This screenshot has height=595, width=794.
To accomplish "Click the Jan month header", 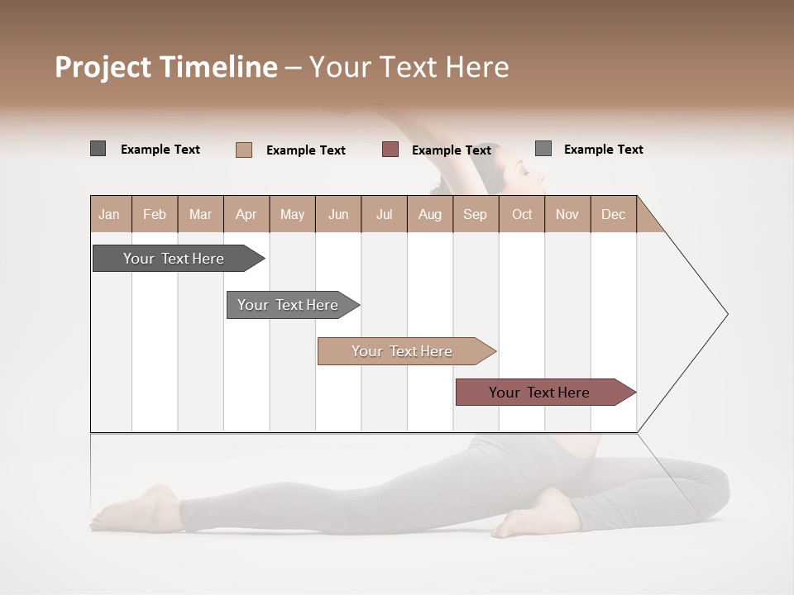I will click(x=110, y=214).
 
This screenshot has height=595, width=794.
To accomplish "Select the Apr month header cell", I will click(x=246, y=214).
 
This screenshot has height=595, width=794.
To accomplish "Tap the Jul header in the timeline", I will click(x=384, y=214).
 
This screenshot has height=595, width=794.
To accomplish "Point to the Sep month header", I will click(x=475, y=214).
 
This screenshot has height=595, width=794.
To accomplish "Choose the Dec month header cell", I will click(x=613, y=214).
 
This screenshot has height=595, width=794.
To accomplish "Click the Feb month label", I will click(x=155, y=214).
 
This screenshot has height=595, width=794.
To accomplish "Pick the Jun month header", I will click(x=338, y=214).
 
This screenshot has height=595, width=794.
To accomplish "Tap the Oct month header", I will click(x=522, y=214).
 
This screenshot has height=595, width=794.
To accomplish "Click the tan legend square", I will click(x=244, y=150).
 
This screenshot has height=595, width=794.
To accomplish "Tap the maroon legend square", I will click(x=390, y=150).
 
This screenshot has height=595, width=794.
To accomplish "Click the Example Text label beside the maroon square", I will click(x=452, y=150).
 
